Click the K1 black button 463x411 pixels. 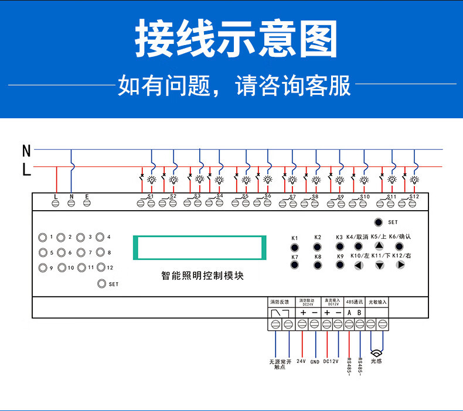[x=295, y=248]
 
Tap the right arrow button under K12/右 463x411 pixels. [x=400, y=265]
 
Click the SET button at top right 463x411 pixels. [x=379, y=222]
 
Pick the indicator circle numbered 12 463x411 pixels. [x=100, y=268]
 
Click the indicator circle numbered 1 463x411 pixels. [x=42, y=237]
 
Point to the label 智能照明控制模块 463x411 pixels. [x=202, y=276]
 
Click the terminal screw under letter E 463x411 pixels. [x=87, y=203]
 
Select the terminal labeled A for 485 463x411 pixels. [x=349, y=323]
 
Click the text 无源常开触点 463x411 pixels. [x=280, y=365]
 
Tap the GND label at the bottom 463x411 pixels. [x=315, y=362]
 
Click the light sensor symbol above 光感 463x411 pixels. [x=377, y=352]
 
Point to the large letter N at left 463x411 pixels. [x=26, y=151]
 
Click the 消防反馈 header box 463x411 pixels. [x=280, y=302]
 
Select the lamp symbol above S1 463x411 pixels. [x=152, y=179]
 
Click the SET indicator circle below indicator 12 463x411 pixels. [x=102, y=283]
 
